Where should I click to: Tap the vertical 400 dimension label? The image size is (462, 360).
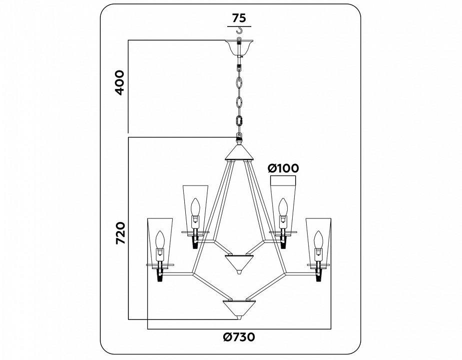[119, 83]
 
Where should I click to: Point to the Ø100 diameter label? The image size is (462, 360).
[283, 168]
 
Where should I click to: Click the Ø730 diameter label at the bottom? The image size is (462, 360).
[239, 337]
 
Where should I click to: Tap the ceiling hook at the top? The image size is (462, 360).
[240, 33]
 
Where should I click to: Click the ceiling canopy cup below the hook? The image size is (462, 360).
[240, 47]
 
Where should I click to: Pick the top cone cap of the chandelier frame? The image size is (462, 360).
[239, 152]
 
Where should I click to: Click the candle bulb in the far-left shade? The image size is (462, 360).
[160, 240]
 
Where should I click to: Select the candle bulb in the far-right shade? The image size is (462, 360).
[318, 240]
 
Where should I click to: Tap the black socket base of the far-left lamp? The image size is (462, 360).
[160, 274]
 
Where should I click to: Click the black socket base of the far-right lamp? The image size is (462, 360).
[318, 274]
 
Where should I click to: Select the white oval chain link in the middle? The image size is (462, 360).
[239, 102]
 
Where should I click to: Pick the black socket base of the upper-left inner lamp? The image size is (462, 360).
[195, 242]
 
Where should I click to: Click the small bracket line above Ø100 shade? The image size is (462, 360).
[283, 176]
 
